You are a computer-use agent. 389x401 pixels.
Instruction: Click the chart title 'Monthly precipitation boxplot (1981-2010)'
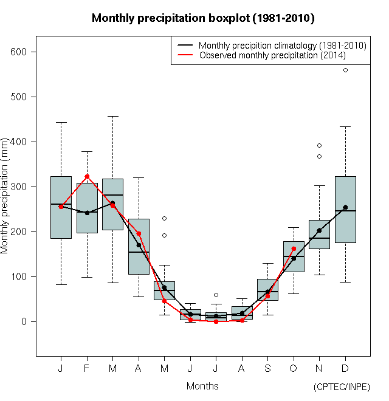click(203, 18)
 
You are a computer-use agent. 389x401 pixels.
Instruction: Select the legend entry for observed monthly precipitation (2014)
click(272, 55)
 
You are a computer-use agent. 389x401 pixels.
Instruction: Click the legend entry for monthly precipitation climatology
click(282, 45)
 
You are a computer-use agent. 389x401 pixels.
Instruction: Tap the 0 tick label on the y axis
click(24, 321)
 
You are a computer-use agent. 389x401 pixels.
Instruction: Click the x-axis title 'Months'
click(202, 386)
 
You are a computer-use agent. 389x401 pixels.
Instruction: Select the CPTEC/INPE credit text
click(342, 387)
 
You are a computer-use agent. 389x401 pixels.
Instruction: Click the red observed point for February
click(87, 176)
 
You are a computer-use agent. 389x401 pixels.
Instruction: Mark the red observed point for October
click(294, 248)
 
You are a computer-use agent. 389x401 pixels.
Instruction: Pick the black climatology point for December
click(345, 207)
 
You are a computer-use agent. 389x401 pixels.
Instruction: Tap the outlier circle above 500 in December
click(345, 70)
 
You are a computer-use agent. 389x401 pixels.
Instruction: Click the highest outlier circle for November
click(319, 145)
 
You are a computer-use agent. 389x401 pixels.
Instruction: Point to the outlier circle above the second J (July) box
click(216, 295)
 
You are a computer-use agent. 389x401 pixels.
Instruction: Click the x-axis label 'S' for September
click(267, 368)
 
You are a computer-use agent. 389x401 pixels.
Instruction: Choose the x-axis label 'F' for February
click(87, 368)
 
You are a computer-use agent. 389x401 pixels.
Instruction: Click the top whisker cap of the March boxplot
click(112, 116)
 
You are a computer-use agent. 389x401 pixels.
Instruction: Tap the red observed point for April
click(139, 233)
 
